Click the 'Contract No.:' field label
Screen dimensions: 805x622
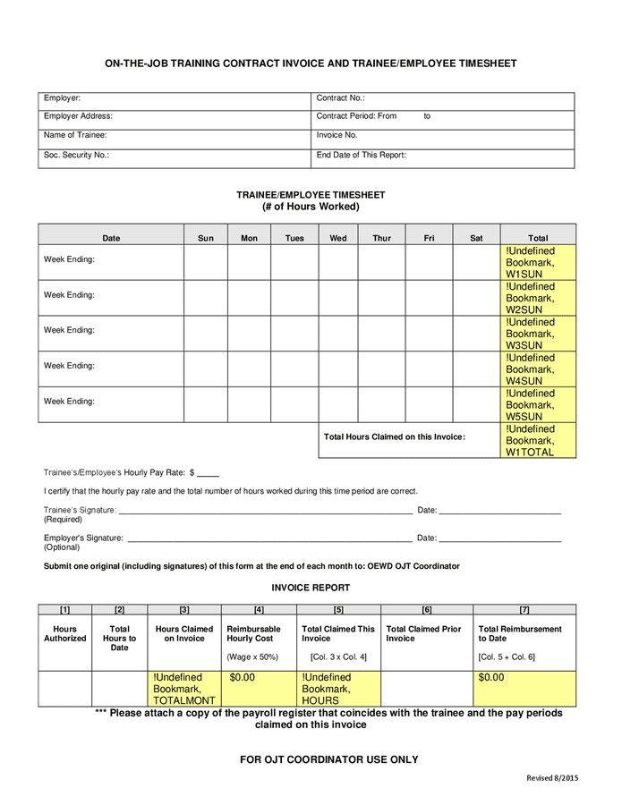pos(341,98)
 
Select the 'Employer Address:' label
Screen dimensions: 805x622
pos(78,116)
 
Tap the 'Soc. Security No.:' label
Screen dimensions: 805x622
pos(76,155)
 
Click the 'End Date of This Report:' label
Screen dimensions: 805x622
pos(362,155)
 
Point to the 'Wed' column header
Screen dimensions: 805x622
pos(338,238)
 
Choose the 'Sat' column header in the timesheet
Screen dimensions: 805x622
pos(476,238)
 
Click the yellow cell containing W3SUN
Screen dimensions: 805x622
pos(538,333)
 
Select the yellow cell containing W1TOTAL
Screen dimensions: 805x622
pos(538,440)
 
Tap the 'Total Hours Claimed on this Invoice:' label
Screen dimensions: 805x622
pos(394,436)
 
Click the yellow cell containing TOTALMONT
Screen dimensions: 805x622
pos(184,689)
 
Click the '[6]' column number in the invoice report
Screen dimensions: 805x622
pos(426,610)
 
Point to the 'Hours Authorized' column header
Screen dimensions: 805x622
pos(65,633)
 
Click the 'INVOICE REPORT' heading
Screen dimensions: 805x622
pos(311,588)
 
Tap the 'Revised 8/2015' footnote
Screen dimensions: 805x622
pos(551,777)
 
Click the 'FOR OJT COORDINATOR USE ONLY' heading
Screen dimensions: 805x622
pos(328,759)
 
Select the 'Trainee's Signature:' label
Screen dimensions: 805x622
pos(80,510)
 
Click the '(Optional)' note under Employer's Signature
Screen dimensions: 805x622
pos(62,547)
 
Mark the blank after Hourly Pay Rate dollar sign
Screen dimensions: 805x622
pos(208,472)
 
